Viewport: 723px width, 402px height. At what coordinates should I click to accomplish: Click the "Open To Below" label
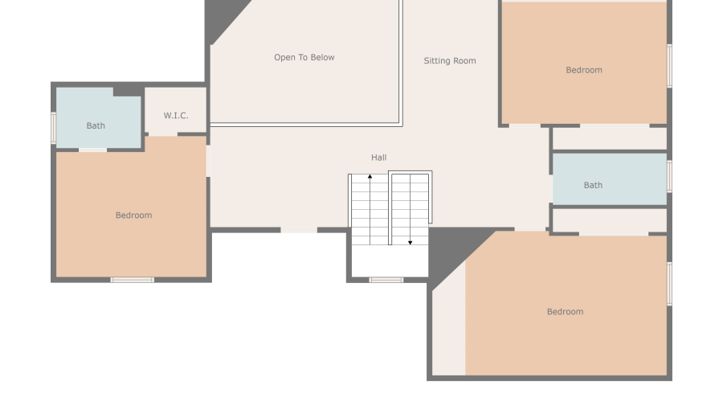[304, 58]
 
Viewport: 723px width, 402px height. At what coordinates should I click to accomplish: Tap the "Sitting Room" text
[450, 61]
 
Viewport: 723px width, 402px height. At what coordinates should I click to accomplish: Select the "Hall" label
[378, 158]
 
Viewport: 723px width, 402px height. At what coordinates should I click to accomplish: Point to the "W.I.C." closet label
[176, 116]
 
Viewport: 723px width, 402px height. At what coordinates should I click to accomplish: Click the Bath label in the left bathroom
[96, 125]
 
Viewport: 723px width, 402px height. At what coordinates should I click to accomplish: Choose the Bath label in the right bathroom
[593, 186]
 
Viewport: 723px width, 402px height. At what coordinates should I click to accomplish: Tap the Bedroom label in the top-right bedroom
[584, 71]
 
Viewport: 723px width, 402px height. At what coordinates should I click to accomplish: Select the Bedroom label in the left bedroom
[133, 215]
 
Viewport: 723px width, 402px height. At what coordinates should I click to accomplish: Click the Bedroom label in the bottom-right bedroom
[565, 312]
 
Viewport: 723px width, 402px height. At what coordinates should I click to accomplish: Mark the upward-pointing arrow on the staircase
[370, 176]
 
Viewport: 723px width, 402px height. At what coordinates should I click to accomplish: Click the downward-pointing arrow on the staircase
[410, 241]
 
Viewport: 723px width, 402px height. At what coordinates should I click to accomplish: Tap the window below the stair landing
[386, 280]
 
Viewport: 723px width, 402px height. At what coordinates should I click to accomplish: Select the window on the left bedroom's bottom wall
[133, 280]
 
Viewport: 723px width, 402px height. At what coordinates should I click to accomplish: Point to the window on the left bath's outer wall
[54, 126]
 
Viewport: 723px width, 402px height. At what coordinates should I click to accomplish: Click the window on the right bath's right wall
[669, 177]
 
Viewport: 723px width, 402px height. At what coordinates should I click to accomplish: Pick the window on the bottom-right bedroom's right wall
[669, 283]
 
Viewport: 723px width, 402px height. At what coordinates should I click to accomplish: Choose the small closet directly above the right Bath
[610, 138]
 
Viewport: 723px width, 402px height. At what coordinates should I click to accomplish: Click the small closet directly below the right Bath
[610, 220]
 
